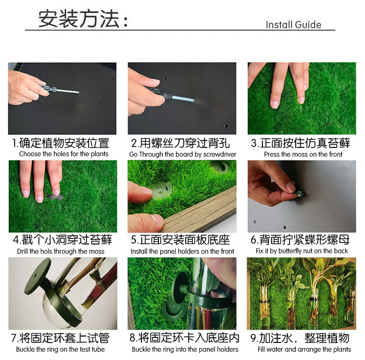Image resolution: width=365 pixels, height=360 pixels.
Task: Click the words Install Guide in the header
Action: [x=293, y=24]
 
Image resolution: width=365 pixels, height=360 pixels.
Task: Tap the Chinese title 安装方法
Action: [x=79, y=19]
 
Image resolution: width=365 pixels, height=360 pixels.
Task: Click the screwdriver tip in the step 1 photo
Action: [x=78, y=92]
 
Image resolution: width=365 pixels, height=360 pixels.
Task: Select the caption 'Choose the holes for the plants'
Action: [x=64, y=154]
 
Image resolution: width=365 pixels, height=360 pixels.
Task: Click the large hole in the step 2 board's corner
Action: [x=226, y=126]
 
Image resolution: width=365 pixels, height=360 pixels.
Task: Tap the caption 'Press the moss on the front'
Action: [x=303, y=154]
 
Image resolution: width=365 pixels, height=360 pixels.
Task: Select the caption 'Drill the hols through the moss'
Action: [x=61, y=251]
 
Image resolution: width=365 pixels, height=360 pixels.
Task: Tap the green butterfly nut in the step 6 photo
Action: [x=299, y=193]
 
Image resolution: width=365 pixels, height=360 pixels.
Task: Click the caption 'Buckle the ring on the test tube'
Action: [x=60, y=349]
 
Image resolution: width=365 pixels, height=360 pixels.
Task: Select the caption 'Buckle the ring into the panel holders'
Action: [x=185, y=349]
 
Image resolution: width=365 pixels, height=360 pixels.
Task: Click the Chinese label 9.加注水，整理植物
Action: [x=300, y=338]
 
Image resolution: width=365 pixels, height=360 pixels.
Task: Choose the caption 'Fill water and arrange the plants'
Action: [x=304, y=349]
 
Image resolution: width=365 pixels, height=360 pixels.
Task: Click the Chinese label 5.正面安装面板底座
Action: [x=180, y=240]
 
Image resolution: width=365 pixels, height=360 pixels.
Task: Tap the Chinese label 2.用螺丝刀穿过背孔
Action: [x=180, y=143]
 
